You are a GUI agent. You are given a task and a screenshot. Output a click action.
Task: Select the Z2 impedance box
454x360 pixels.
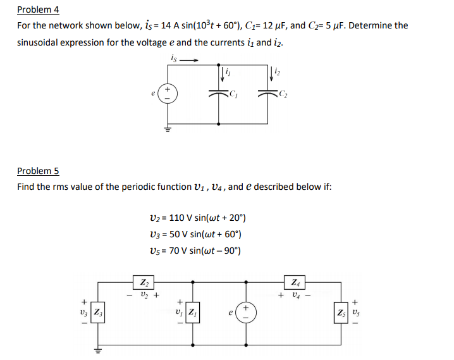144,282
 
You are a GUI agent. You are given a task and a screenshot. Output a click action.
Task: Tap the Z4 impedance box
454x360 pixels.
295,282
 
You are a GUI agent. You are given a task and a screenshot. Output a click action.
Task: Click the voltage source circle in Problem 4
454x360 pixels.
168,95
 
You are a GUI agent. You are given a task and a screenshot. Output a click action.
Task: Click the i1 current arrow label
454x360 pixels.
226,73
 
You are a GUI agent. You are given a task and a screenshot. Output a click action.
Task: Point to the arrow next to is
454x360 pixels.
190,61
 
